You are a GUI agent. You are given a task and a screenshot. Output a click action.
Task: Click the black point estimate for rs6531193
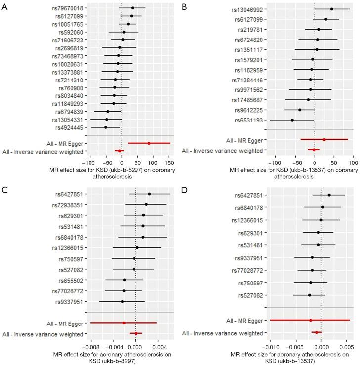click(292, 120)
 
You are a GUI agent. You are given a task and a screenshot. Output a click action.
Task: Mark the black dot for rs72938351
click(146, 204)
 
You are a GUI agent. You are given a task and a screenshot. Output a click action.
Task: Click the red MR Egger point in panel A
click(149, 143)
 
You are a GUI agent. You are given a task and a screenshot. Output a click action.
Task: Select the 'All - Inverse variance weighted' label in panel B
click(226, 150)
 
